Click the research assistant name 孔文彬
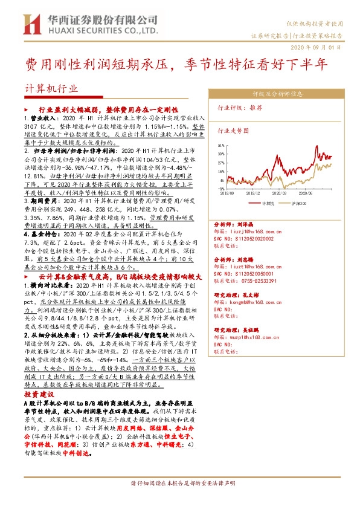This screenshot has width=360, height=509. pos(249,295)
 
